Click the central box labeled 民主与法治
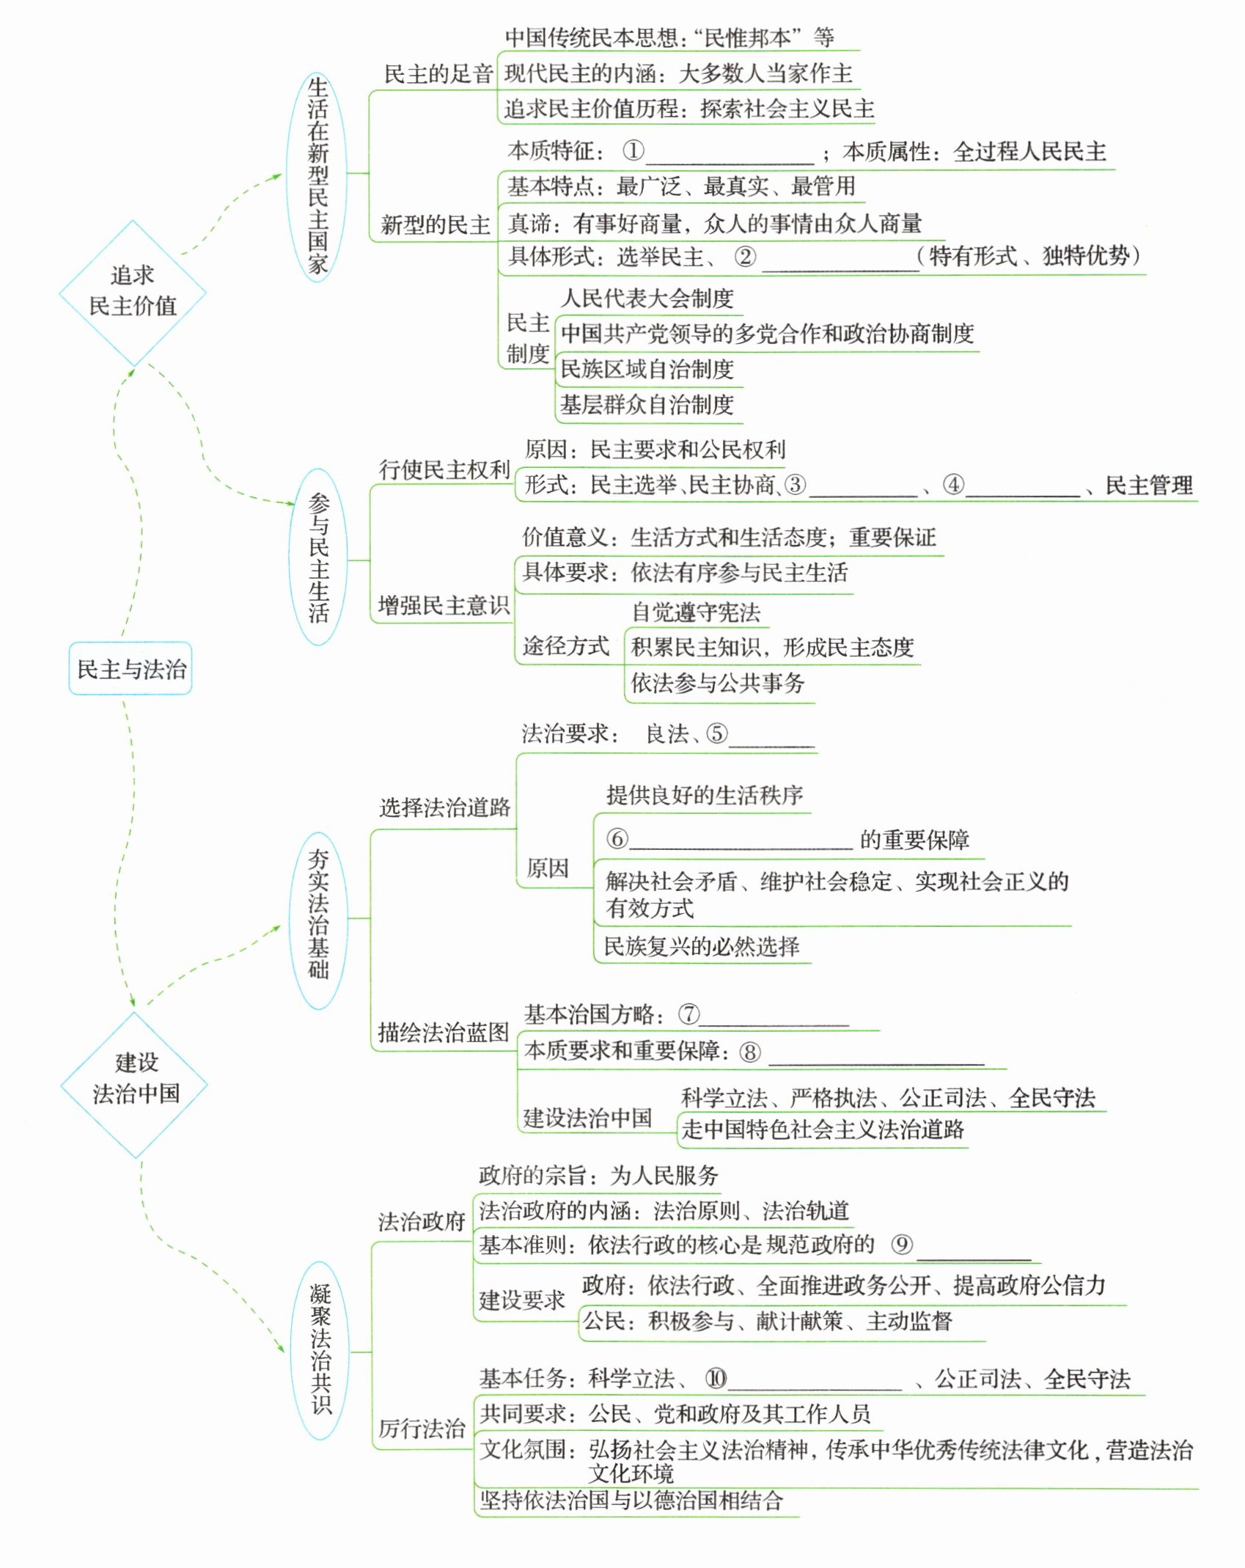[x=131, y=669]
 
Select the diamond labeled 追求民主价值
[x=133, y=292]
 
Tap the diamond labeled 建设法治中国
[x=136, y=1078]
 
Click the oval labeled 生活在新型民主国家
[x=317, y=176]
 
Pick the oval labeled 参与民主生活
[x=319, y=558]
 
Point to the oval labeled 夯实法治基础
[x=318, y=915]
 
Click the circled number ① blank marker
[x=633, y=151]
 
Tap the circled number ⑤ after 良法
[x=716, y=733]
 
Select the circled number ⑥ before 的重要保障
[x=617, y=838]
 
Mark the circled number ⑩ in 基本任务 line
[x=715, y=1379]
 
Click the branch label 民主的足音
[x=438, y=74]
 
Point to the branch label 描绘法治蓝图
[x=443, y=1033]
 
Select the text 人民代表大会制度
[x=647, y=298]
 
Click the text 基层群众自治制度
[x=647, y=404]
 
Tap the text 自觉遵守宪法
[x=696, y=612]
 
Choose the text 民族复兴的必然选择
[x=702, y=946]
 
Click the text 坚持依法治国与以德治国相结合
[x=631, y=1501]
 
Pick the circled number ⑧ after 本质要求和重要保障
[x=749, y=1052]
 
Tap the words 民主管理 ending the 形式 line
[x=1148, y=485]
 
